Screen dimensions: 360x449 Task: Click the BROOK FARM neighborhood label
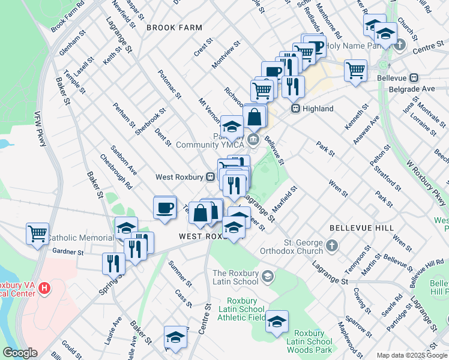(174, 28)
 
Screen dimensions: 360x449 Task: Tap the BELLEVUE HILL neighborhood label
(361, 228)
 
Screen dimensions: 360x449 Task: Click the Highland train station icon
(295, 109)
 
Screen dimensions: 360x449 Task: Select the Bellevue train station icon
(414, 78)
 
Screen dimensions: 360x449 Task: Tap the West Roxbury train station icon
(211, 177)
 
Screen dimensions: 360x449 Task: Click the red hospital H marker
(44, 289)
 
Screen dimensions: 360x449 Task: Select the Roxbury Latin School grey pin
(268, 277)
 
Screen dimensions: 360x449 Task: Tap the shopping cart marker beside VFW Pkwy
(37, 233)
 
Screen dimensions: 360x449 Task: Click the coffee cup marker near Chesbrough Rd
(165, 208)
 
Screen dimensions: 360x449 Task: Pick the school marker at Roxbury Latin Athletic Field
(277, 322)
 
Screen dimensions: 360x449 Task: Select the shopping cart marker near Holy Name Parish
(355, 70)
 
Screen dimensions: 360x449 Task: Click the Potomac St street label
(169, 83)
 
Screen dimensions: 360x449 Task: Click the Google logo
(20, 353)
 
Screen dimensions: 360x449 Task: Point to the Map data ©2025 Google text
(411, 355)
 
